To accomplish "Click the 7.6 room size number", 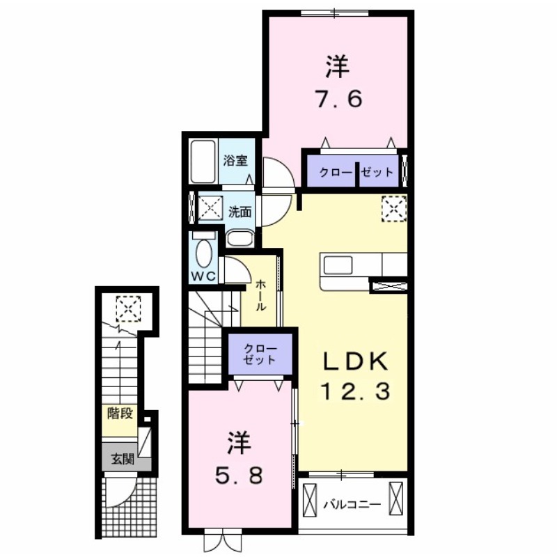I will click(x=336, y=100).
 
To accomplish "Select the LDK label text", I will click(x=354, y=362).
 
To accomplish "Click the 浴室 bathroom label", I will click(x=235, y=160).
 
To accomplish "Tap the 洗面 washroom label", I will click(x=240, y=212).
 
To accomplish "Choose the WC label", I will click(x=205, y=276).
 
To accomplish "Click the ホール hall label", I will click(x=260, y=295).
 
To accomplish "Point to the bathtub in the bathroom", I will click(x=203, y=161).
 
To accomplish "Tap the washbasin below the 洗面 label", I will click(x=240, y=237).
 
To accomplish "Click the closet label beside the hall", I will click(x=260, y=354).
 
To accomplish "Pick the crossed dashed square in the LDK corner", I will click(x=393, y=208).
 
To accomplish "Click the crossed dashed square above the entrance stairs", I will click(x=128, y=307).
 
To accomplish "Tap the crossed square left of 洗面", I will click(x=209, y=207).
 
